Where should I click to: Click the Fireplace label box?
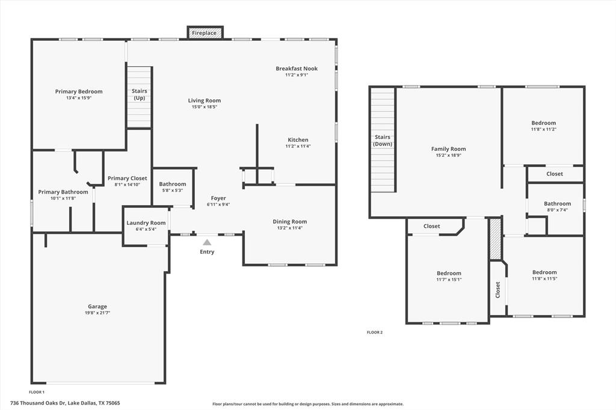[x=205, y=33]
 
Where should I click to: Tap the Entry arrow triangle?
[x=207, y=242]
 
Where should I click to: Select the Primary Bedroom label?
[x=79, y=92]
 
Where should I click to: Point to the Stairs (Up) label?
[x=139, y=94]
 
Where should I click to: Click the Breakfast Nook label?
[x=297, y=69]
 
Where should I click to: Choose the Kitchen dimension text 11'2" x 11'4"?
[x=298, y=146]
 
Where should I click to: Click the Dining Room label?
[x=290, y=222]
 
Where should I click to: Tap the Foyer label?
[x=218, y=198]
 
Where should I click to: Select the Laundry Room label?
[x=146, y=223]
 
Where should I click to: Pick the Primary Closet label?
[x=127, y=179]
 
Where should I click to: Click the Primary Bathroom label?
[x=63, y=192]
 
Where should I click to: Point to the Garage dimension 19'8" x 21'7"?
[x=97, y=313]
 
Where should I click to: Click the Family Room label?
[x=449, y=149]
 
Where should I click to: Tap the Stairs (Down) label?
[x=383, y=141]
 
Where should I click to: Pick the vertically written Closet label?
[x=497, y=290]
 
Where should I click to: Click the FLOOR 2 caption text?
[x=375, y=332]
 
